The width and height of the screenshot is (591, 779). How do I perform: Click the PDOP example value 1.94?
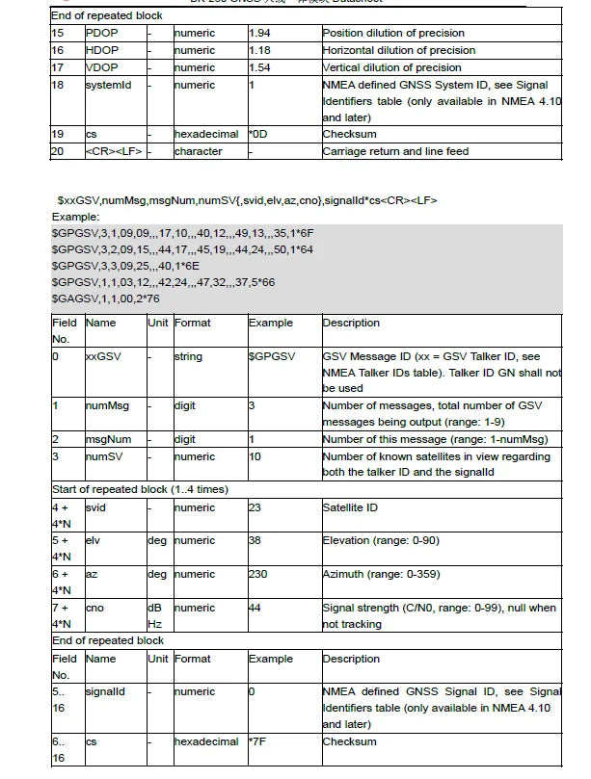click(261, 33)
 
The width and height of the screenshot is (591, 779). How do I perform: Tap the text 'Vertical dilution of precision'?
click(392, 66)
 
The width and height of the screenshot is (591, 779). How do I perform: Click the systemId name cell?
click(108, 84)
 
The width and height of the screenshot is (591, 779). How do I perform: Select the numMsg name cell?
click(108, 406)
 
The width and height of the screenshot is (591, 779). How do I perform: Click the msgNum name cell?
click(109, 439)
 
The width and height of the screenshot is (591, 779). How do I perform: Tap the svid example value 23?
click(255, 506)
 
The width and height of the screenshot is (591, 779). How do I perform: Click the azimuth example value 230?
click(258, 574)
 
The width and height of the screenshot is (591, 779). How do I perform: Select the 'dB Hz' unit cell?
click(154, 615)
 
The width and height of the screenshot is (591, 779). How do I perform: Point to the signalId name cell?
click(106, 691)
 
